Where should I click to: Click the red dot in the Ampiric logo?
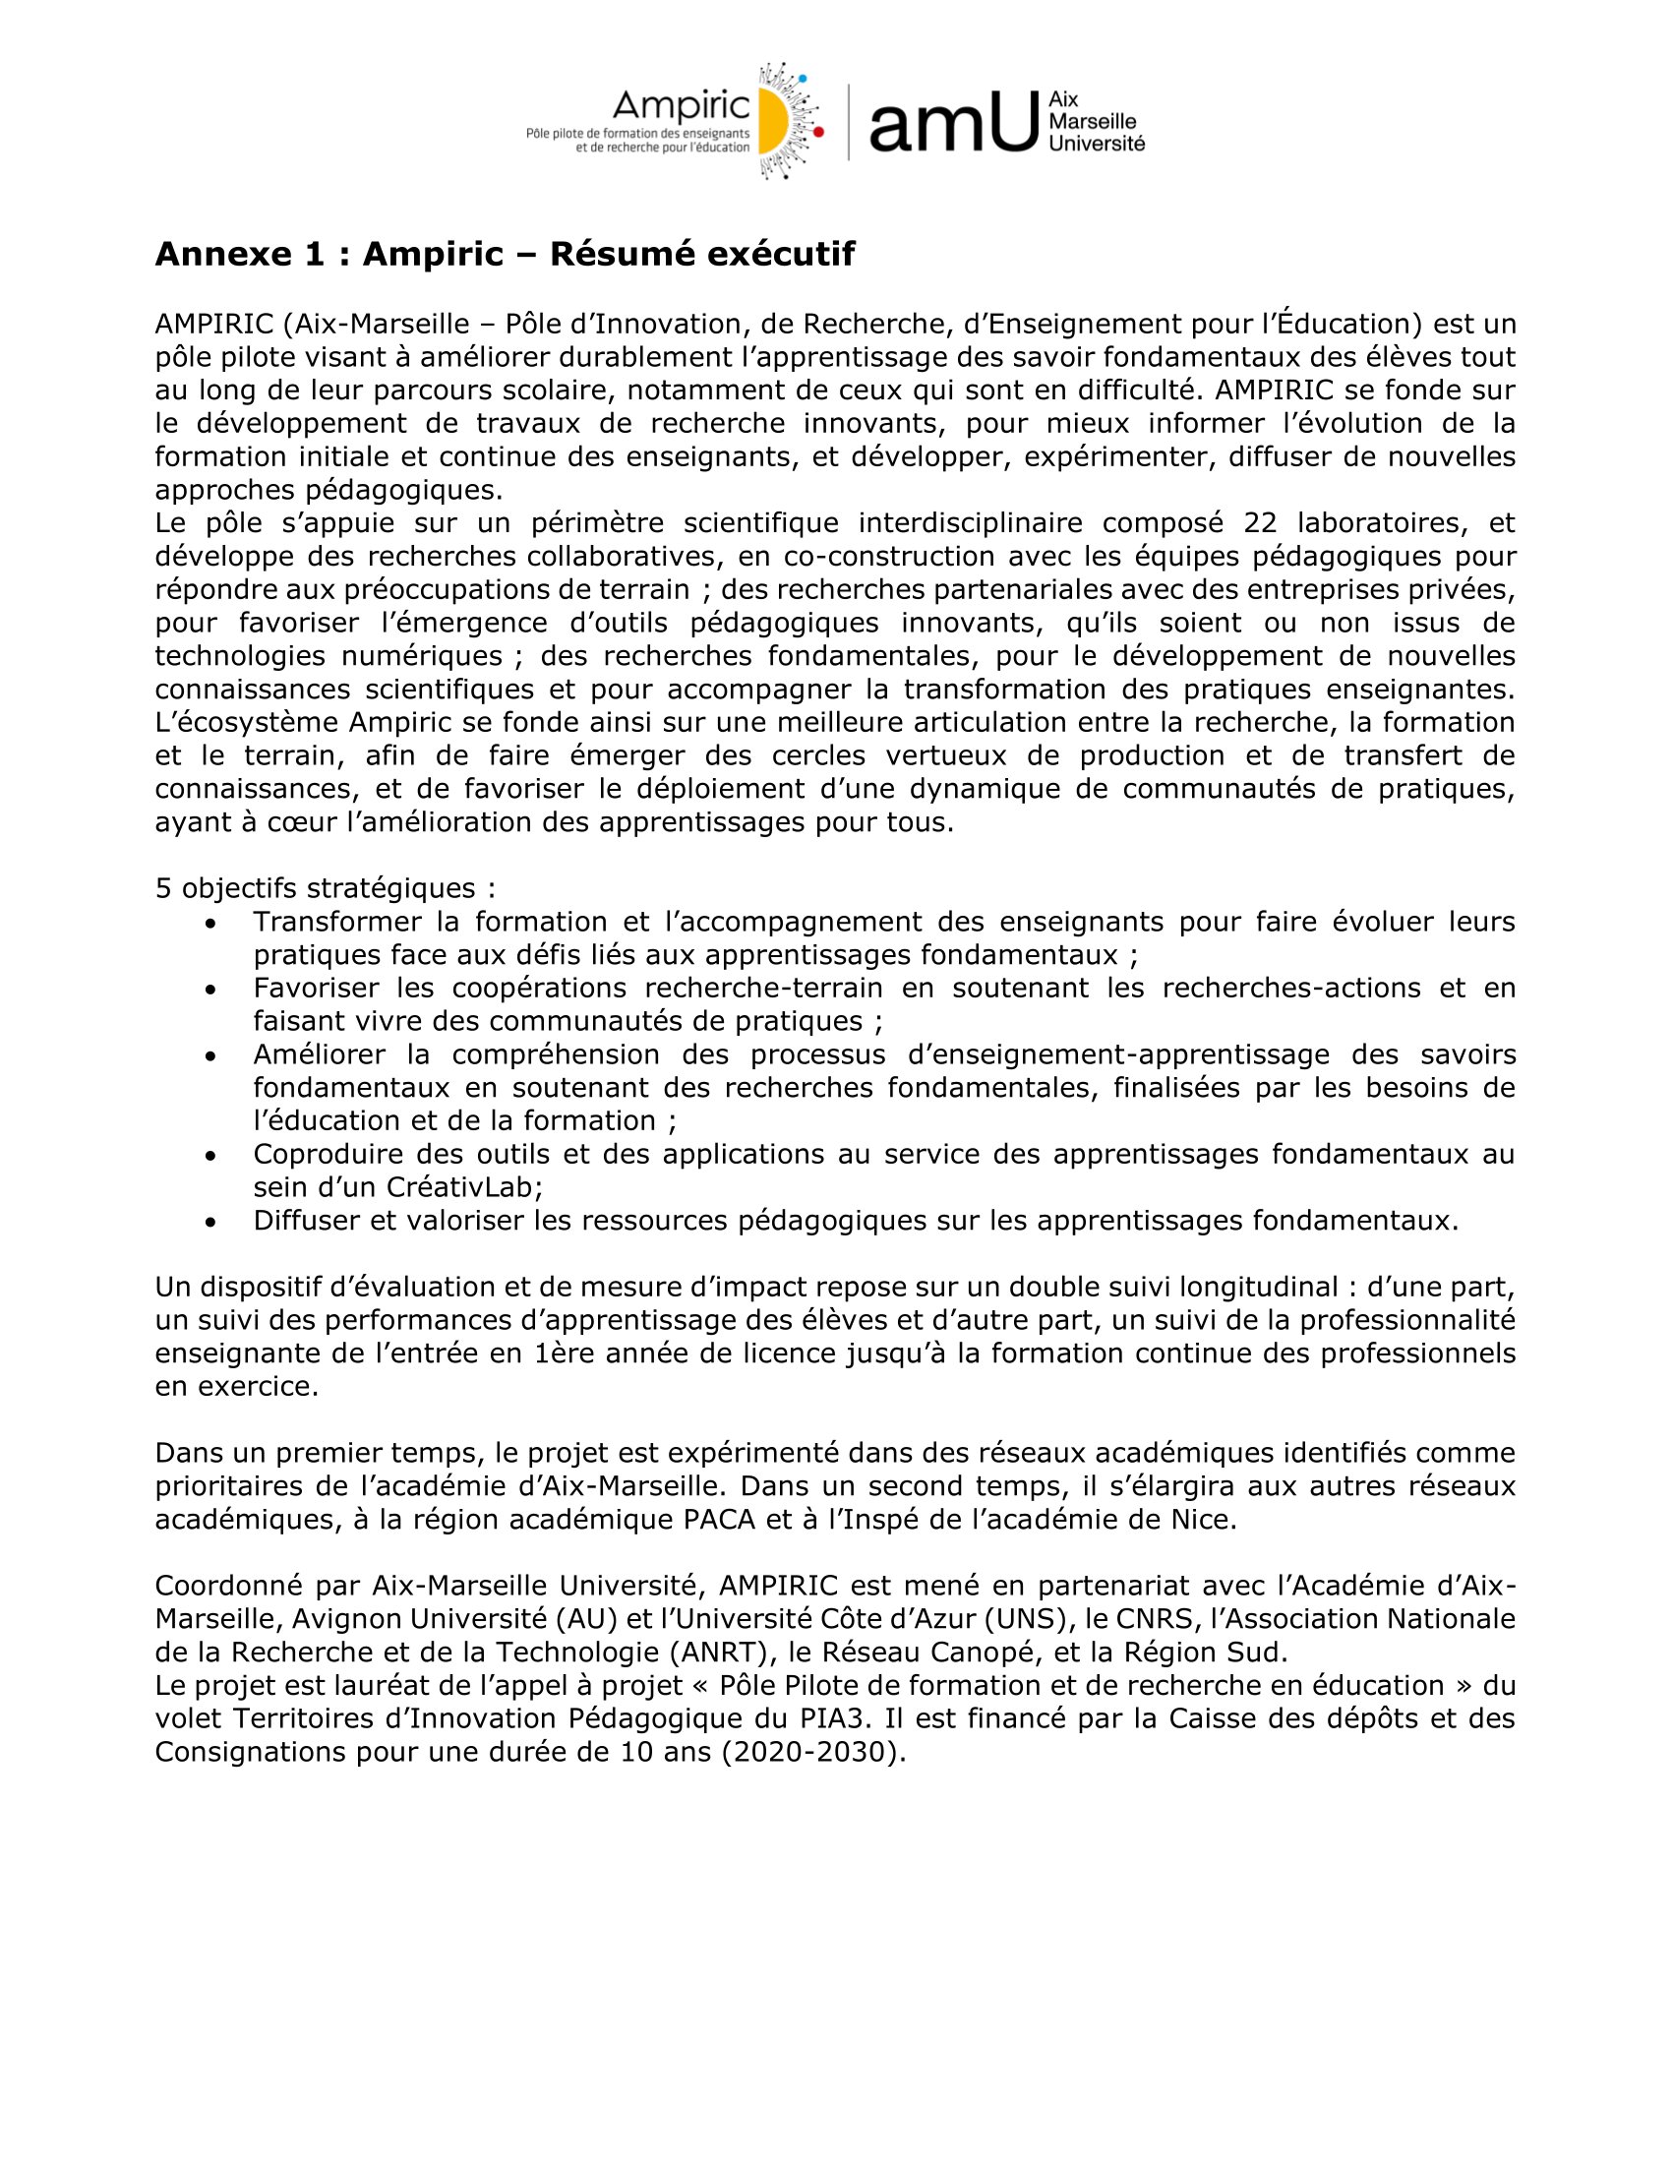[818, 131]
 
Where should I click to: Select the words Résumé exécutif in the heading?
[701, 255]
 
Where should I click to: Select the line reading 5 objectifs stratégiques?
[326, 887]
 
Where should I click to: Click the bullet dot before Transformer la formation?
[210, 923]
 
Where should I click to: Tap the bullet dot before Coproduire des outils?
[210, 1155]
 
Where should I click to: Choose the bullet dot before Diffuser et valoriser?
[210, 1222]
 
